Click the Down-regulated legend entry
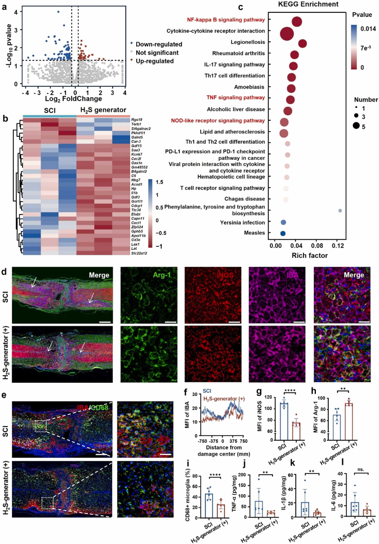point(159,44)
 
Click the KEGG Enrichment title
point(308,4)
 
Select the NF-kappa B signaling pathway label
point(226,19)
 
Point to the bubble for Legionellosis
point(303,43)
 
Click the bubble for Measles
point(283,233)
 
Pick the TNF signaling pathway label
point(236,97)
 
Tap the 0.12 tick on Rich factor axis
point(338,246)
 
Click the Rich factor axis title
point(309,255)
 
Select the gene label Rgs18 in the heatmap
point(137,119)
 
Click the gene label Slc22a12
point(139,253)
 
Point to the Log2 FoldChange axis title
point(73,99)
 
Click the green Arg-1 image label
point(162,275)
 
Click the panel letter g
point(259,391)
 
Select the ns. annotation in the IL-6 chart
point(361,469)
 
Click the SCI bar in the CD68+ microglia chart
point(209,506)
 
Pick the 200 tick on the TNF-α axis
point(242,475)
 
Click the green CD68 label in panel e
point(100,407)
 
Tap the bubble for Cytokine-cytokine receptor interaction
point(287,33)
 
